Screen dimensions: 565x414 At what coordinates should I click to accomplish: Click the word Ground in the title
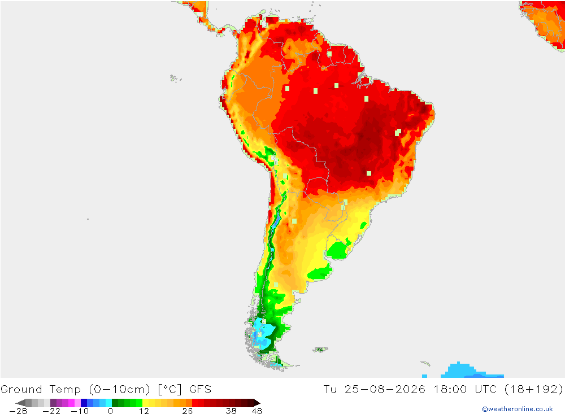(x=21, y=390)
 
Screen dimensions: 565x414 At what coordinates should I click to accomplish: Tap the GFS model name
(x=201, y=390)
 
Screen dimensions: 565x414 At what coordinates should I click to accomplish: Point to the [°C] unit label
(x=170, y=390)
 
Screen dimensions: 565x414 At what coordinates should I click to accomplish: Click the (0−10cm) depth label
(x=120, y=390)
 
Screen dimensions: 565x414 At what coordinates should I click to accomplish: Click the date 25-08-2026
(x=385, y=390)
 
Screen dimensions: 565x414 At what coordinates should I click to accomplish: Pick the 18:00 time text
(x=450, y=390)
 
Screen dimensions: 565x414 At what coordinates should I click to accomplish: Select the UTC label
(x=486, y=390)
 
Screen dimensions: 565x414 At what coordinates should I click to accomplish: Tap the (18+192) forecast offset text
(x=534, y=390)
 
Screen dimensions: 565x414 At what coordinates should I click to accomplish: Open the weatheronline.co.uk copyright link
(x=518, y=409)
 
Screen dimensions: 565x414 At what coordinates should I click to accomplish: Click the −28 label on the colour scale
(x=18, y=411)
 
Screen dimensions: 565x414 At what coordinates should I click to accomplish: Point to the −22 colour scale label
(x=51, y=411)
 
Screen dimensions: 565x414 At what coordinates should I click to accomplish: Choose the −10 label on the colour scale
(x=80, y=411)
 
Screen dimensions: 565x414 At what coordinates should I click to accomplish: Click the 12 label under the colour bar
(x=144, y=411)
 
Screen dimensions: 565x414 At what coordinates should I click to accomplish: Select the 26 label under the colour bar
(x=188, y=411)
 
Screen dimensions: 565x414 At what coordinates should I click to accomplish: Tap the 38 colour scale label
(x=231, y=411)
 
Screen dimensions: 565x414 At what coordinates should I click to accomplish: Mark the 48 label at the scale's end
(x=257, y=411)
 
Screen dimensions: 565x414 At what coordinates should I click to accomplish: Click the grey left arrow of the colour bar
(x=21, y=403)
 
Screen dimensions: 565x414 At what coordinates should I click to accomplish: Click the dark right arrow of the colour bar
(x=257, y=403)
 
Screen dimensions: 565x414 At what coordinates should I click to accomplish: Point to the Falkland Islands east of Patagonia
(x=320, y=349)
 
